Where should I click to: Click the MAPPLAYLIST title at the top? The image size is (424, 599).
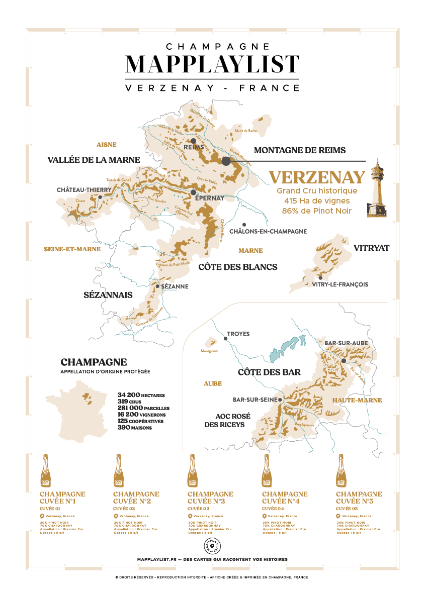coord(212,64)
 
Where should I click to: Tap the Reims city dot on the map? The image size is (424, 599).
coord(193,141)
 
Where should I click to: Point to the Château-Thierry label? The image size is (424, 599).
coord(84,190)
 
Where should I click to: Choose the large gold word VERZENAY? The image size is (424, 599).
coord(317,177)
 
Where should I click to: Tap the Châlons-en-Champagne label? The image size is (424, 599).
coord(268,232)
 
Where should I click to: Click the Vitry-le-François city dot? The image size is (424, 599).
coord(320,278)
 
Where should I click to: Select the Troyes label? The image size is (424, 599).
coord(238,334)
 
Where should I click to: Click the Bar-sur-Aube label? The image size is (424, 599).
coord(347,343)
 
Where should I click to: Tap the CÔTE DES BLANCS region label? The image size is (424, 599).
coord(238,267)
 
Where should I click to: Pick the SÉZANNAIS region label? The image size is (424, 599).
coord(108,295)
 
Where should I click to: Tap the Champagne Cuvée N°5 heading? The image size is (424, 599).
coord(359,497)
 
